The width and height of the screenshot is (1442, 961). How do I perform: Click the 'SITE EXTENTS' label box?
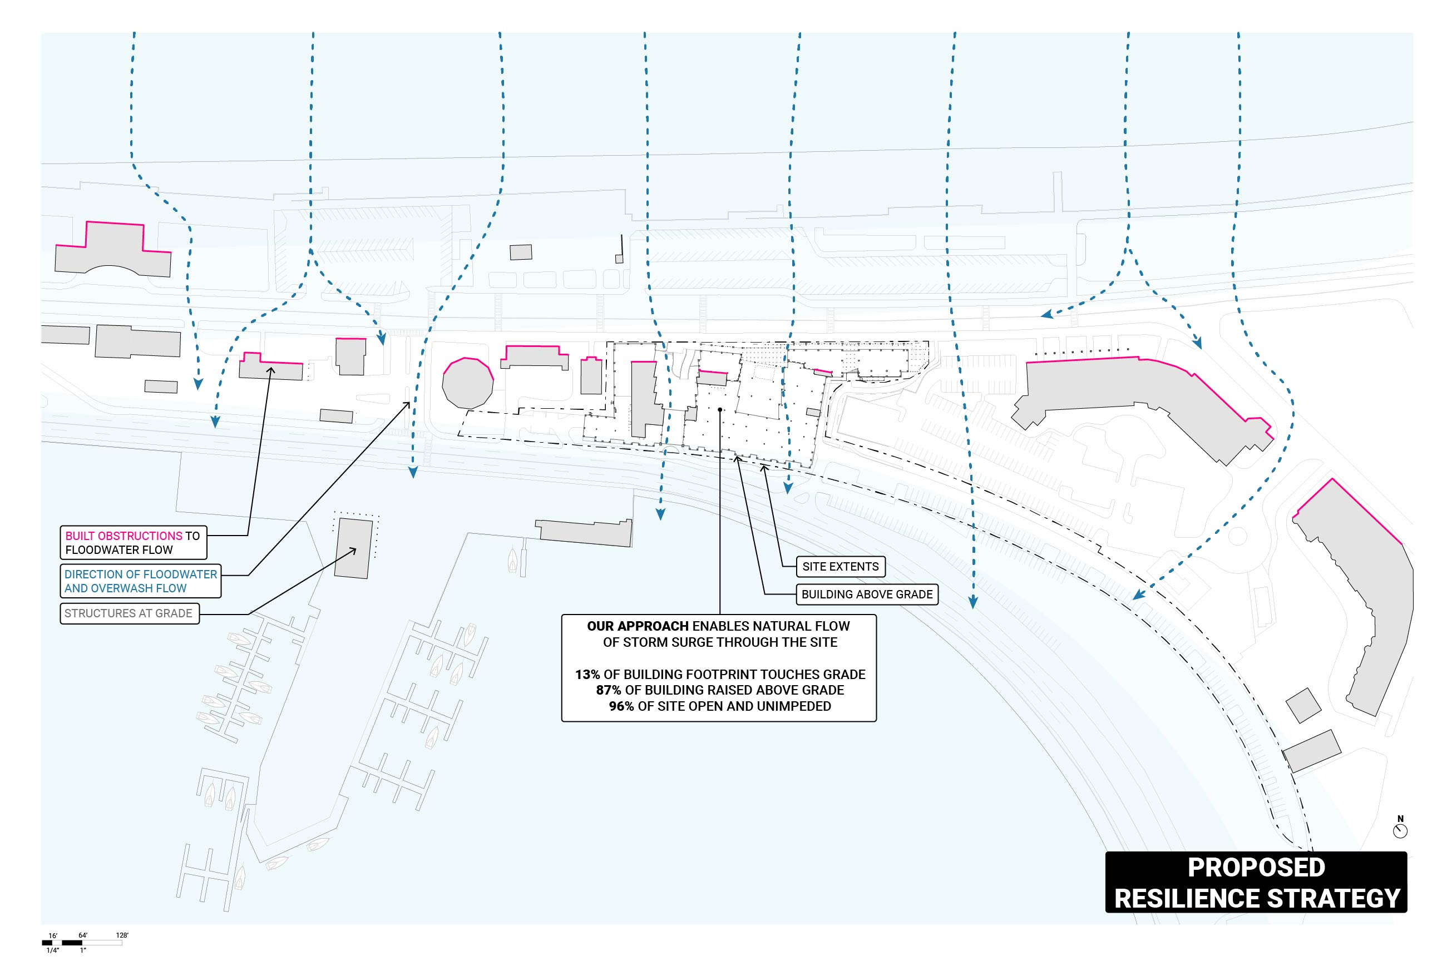pos(840,567)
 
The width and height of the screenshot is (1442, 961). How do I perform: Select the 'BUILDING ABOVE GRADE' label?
pos(867,595)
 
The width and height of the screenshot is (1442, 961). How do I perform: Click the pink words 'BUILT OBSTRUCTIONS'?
pos(124,536)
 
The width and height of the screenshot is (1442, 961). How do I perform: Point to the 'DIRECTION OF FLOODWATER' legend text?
pos(140,575)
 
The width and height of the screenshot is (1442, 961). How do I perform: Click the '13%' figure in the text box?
pos(587,675)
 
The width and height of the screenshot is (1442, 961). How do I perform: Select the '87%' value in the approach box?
pos(608,691)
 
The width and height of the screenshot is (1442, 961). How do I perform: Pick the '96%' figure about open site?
pos(621,707)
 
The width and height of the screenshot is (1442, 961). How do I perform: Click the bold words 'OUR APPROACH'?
pos(638,626)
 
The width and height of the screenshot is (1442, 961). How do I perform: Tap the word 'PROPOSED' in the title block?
pos(1256,868)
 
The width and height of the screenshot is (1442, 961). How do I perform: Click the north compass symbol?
pos(1400,831)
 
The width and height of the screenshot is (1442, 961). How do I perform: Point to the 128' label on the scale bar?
pos(122,935)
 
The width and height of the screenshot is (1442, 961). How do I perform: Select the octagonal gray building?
pos(468,384)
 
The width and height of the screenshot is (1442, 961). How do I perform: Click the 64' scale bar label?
pos(83,935)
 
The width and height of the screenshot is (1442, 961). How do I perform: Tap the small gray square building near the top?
pos(521,252)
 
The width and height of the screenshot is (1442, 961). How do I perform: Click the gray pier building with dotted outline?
pos(353,548)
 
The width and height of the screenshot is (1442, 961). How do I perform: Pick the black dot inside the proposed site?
pos(720,409)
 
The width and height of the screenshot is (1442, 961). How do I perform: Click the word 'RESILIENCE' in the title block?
pos(1186,899)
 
